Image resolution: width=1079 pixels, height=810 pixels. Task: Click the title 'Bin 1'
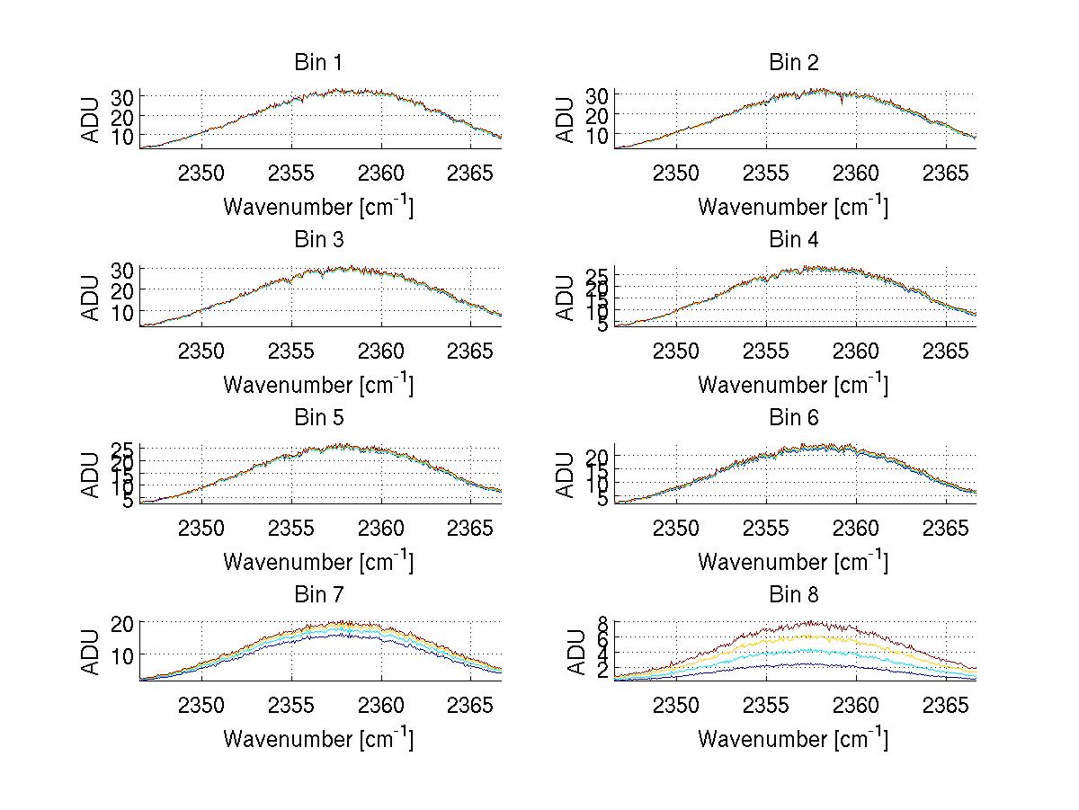point(317,63)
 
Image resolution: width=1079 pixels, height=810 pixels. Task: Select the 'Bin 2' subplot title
point(793,63)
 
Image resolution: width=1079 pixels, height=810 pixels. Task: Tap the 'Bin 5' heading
point(317,418)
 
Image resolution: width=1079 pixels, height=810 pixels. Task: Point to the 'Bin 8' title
point(793,595)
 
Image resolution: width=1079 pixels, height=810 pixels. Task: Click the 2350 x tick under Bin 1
point(201,173)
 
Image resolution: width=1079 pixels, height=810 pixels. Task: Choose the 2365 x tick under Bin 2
point(946,173)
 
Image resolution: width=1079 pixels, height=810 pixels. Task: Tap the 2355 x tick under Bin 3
point(291,350)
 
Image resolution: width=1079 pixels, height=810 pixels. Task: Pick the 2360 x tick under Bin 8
point(856,705)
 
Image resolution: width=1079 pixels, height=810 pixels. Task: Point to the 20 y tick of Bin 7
point(122,624)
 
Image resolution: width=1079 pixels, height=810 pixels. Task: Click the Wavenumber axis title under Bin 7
point(317,739)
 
